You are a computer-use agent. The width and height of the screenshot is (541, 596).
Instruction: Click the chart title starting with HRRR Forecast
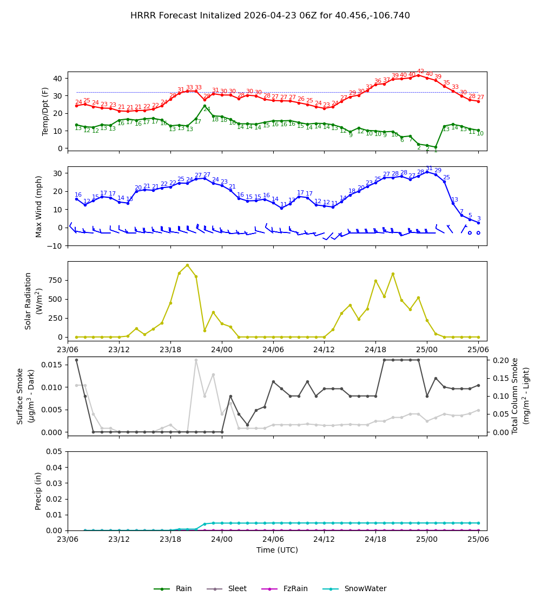(x=270, y=16)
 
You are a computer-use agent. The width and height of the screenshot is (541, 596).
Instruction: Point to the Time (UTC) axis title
(x=277, y=550)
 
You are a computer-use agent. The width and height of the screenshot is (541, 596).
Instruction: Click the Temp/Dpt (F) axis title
(x=46, y=111)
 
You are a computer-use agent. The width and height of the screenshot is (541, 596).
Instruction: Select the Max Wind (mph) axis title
(x=39, y=206)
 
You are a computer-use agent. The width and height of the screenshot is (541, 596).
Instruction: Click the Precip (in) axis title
(x=38, y=491)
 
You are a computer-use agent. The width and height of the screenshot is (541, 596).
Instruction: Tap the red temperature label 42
(x=420, y=72)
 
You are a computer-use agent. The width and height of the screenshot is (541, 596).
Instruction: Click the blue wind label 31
(x=429, y=169)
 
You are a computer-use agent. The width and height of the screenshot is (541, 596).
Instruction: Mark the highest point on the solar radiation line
(x=187, y=265)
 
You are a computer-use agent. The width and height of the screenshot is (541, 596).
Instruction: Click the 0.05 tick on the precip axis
(x=55, y=451)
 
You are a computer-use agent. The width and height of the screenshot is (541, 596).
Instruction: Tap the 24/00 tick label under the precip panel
(x=222, y=539)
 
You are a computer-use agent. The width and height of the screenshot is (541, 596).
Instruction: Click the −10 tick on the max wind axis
(x=55, y=245)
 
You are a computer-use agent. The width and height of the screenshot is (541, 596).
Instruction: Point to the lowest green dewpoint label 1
(x=436, y=150)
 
